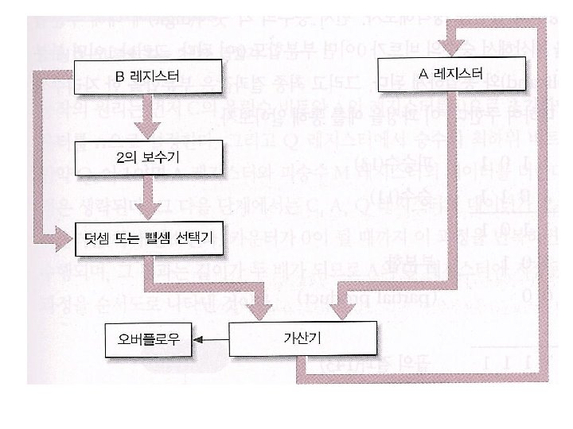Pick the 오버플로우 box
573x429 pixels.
click(148, 340)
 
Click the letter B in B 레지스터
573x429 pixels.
click(121, 77)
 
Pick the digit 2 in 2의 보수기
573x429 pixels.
click(120, 158)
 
